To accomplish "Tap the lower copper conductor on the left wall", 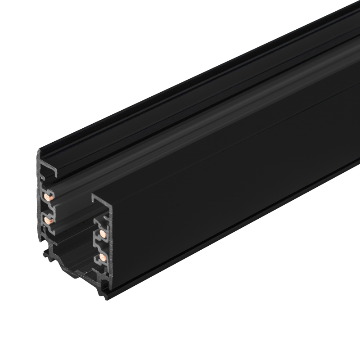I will [48, 221].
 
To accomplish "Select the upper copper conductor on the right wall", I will [103, 233].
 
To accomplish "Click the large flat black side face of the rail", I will [234, 189].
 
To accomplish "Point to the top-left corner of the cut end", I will [39, 152].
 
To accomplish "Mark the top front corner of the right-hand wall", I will [93, 196].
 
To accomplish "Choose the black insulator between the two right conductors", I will [102, 246].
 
